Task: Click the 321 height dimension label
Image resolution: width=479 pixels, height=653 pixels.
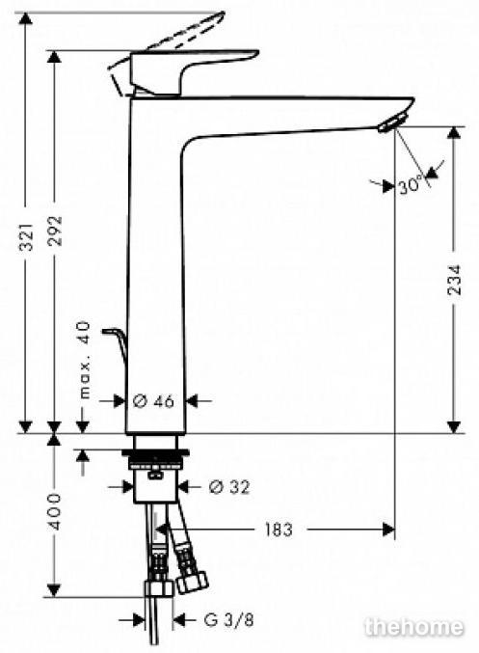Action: coord(27,236)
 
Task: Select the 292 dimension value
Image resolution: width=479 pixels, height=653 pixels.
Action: coord(55,231)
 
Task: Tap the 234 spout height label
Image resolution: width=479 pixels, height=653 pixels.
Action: coord(455,280)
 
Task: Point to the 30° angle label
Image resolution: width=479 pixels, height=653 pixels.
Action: coord(411,184)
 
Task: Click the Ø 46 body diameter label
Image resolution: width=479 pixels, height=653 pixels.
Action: coord(153,401)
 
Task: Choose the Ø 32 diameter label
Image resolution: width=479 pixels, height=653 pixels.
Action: coord(229,486)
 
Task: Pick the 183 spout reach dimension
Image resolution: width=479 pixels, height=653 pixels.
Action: coord(279,530)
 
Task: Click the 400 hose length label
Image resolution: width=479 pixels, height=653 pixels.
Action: coord(55,511)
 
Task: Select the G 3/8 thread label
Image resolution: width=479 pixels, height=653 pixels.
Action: coord(228,619)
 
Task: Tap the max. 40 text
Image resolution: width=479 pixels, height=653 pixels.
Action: coord(85,360)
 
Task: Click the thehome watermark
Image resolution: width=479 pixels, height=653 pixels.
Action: coord(413,626)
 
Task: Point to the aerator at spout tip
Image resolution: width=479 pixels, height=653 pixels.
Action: coord(391,122)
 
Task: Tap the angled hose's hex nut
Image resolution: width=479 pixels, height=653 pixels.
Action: coord(191,583)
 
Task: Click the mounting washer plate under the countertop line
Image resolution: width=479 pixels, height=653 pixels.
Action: coord(155,452)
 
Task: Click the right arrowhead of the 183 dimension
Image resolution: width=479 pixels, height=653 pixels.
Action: coord(388,530)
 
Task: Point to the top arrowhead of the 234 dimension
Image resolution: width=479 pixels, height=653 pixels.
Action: coord(454,133)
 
